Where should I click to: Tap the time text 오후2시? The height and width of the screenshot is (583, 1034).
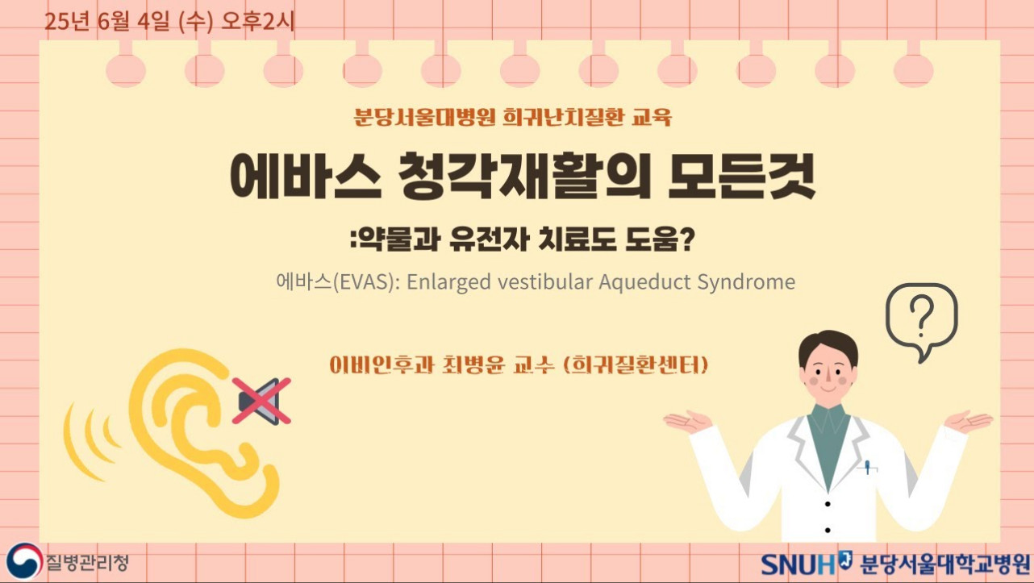[x=258, y=22]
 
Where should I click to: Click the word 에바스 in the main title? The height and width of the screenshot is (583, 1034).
[x=306, y=177]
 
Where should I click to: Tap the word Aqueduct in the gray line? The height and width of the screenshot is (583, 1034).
[x=644, y=281]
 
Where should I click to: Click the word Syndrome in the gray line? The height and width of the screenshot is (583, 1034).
[x=746, y=282]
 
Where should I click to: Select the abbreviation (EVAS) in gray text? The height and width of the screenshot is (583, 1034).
[x=366, y=282]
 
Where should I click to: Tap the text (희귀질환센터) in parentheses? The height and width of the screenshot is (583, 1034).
[x=636, y=365]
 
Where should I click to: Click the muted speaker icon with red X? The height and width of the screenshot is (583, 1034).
[x=261, y=401]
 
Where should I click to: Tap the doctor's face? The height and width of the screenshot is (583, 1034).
[x=828, y=369]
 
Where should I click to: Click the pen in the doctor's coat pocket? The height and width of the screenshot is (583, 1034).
[x=867, y=467]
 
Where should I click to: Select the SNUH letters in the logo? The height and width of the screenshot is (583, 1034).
[x=798, y=564]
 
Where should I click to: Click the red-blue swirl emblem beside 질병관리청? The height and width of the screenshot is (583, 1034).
[x=23, y=561]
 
